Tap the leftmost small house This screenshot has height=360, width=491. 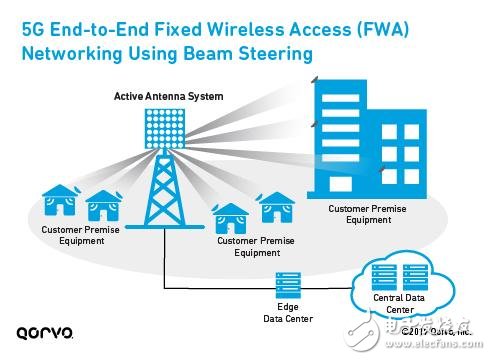pos(58,200)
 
